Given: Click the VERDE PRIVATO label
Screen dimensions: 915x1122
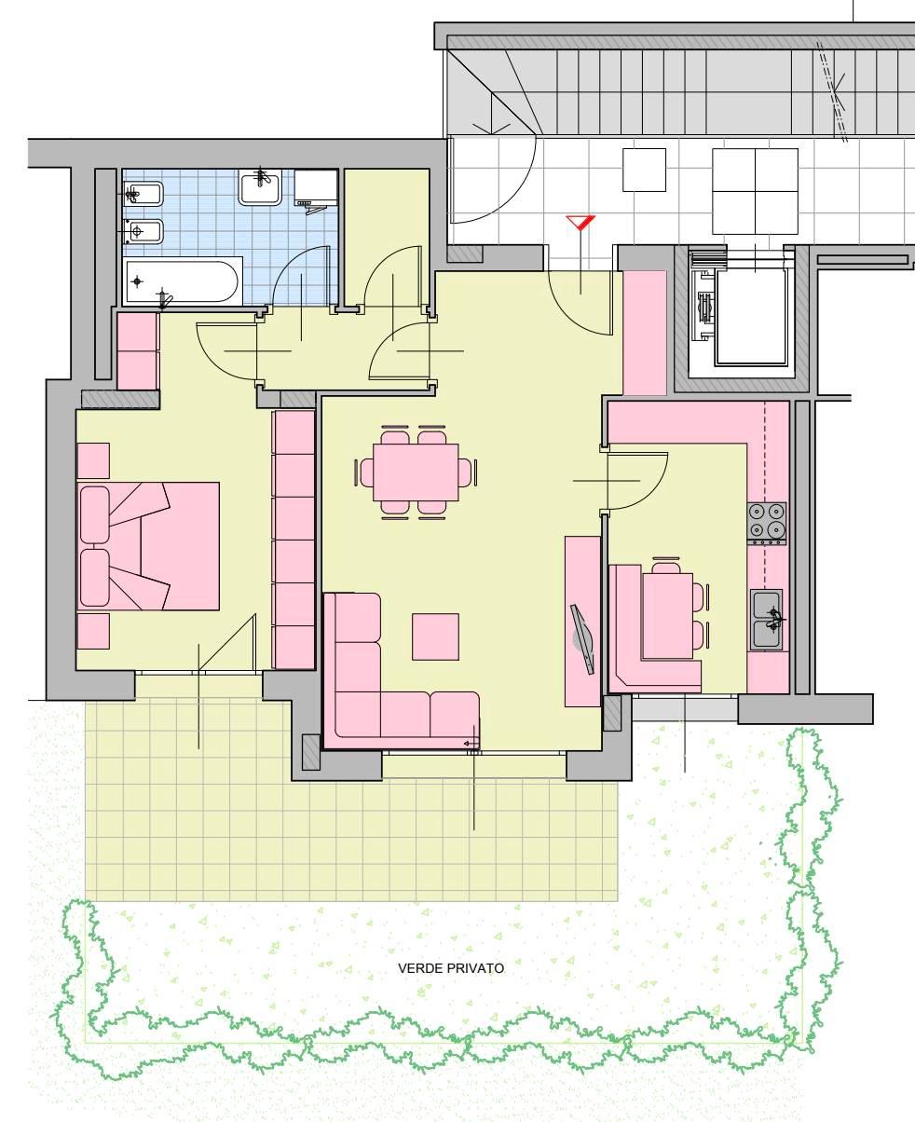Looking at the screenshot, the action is click(x=451, y=967).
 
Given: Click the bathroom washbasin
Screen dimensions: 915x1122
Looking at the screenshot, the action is click(x=260, y=187).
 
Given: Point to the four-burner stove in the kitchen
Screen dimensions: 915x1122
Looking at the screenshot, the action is click(x=767, y=524).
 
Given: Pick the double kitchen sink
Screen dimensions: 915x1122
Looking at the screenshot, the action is click(x=767, y=620).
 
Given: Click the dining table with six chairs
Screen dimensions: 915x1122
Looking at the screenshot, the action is click(x=416, y=472).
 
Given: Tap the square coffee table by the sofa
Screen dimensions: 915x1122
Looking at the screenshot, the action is click(x=436, y=636).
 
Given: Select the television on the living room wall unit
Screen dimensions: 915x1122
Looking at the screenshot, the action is click(x=582, y=639).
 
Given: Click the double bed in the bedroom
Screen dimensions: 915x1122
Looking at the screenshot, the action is click(x=148, y=546).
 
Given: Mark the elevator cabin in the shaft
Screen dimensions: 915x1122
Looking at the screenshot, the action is click(x=751, y=317).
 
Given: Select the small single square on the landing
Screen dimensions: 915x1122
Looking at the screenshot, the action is click(x=644, y=170).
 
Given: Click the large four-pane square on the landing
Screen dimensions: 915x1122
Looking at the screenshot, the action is click(x=755, y=191).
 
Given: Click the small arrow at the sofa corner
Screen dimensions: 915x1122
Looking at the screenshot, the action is click(x=471, y=744).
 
